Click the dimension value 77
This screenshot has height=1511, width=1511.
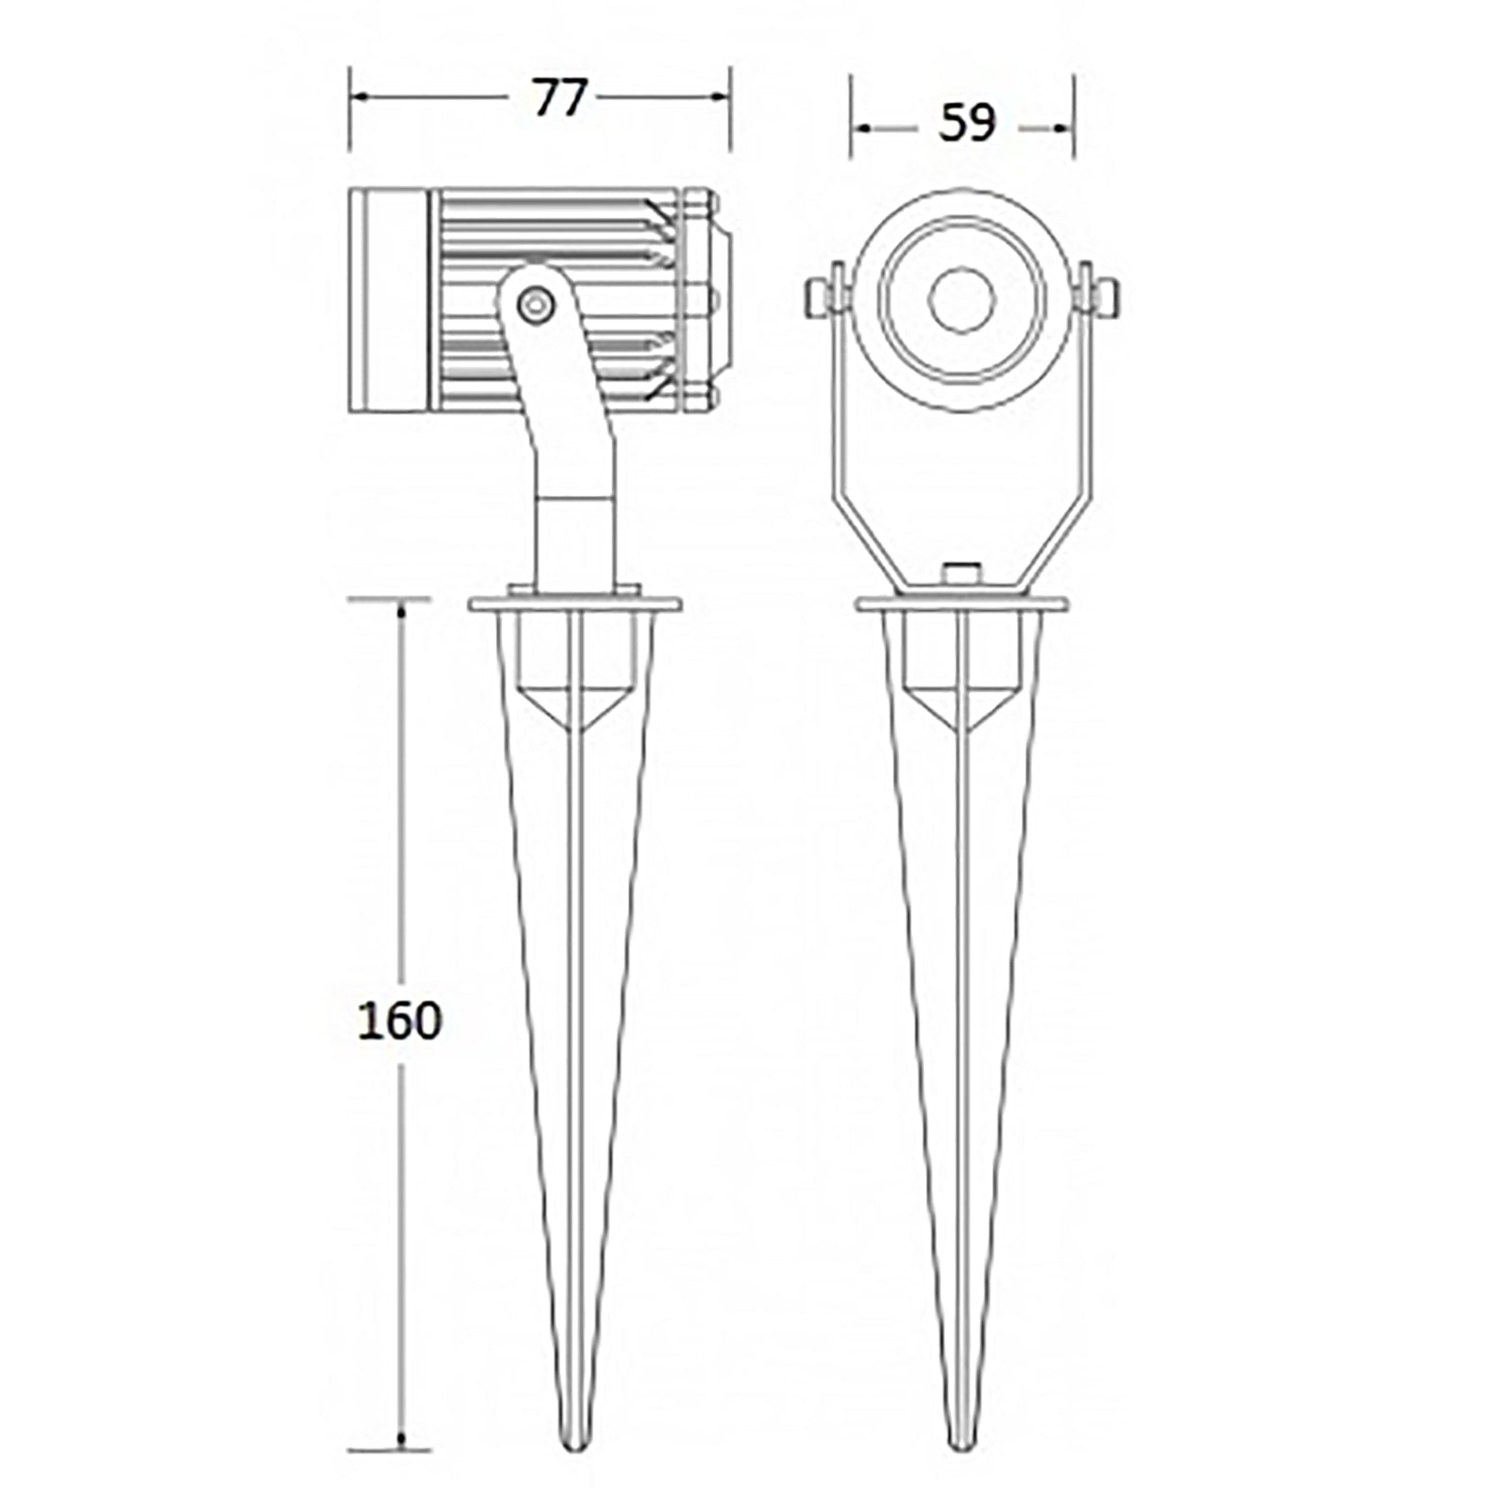point(560,98)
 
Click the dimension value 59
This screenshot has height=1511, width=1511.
point(967,124)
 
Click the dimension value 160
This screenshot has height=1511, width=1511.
point(399,1021)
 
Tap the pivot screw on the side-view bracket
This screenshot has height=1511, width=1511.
point(536,304)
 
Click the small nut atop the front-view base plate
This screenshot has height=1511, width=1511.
point(961,573)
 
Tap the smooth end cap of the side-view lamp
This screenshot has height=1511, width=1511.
point(387,300)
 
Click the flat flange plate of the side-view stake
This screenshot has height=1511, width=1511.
point(575,603)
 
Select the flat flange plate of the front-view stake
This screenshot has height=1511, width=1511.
point(961,603)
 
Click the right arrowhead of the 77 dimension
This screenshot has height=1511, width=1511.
point(722,96)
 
